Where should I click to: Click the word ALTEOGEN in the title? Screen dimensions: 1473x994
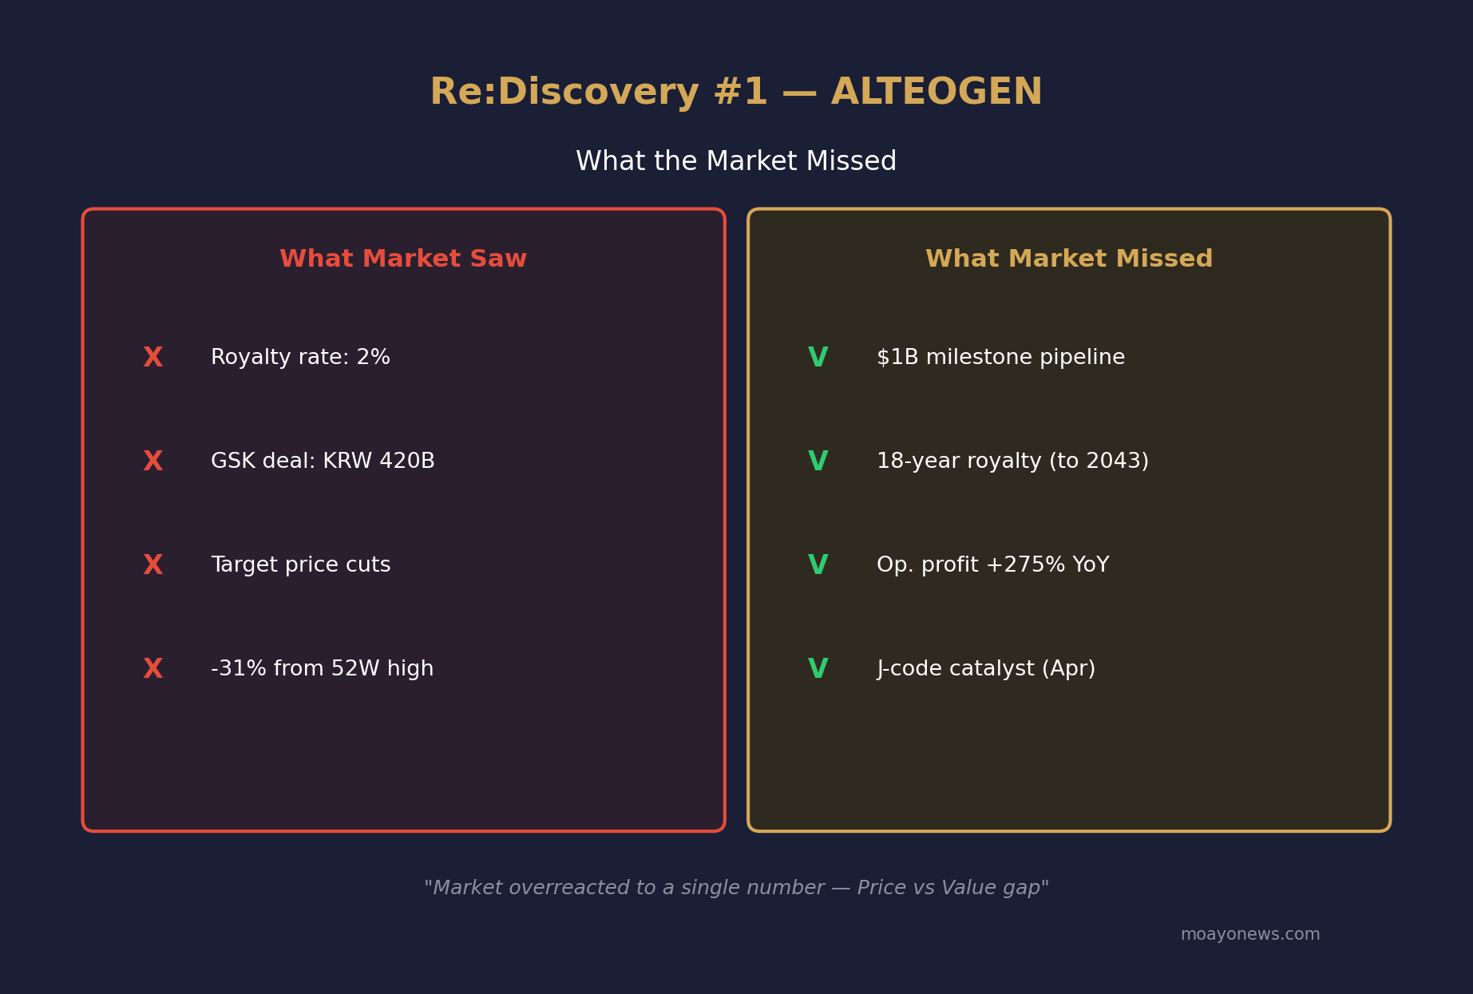click(936, 93)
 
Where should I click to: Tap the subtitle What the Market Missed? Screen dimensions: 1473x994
click(736, 162)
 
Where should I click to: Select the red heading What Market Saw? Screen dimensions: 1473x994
click(403, 259)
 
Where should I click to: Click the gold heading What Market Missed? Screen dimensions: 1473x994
click(1069, 259)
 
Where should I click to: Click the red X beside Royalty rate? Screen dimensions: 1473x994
click(152, 358)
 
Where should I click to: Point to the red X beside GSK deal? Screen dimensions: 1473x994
click(152, 461)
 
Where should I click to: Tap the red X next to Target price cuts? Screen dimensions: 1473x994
click(152, 565)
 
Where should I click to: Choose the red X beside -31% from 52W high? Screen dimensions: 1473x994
click(152, 669)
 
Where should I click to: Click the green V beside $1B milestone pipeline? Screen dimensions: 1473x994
click(818, 358)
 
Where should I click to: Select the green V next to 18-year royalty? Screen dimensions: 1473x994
click(818, 461)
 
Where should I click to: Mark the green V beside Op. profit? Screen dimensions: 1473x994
click(818, 565)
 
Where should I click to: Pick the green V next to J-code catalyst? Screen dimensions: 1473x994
click(818, 669)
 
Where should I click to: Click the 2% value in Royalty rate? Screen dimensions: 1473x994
click(373, 358)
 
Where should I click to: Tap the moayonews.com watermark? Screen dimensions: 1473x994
click(1250, 935)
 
